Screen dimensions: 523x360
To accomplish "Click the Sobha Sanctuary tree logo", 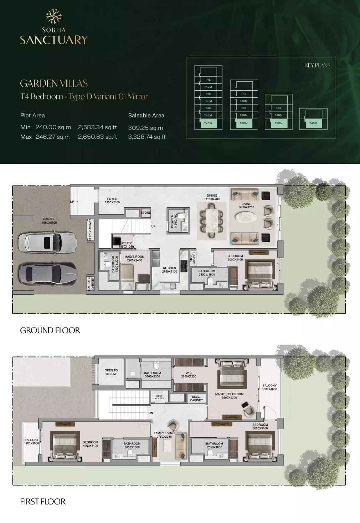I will (54, 16).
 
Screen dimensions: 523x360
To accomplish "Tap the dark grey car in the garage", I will (47, 274).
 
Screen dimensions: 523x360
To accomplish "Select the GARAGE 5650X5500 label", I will (49, 221).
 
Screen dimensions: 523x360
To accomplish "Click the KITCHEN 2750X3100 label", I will (169, 270).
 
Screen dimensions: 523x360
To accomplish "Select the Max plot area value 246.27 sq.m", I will (53, 137).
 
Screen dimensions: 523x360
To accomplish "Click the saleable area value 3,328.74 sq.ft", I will (147, 137).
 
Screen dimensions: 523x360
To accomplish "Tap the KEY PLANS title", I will (317, 65).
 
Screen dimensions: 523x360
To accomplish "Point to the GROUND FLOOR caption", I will (50, 330).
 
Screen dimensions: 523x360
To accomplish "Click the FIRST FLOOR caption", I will (43, 502).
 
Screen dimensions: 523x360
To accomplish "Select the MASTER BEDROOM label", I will (229, 396).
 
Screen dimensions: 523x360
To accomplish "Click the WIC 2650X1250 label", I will (189, 375).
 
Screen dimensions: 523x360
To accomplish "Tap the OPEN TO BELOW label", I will (111, 372).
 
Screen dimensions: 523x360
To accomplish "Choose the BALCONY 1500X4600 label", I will (269, 387).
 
